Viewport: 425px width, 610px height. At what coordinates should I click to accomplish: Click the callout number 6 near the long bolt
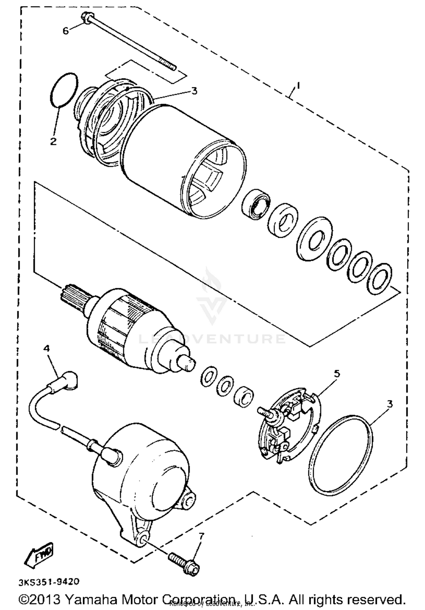pyautogui.click(x=66, y=31)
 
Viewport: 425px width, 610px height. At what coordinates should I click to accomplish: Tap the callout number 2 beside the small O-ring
pyautogui.click(x=53, y=141)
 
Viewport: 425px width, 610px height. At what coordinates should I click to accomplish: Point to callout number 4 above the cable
pyautogui.click(x=46, y=348)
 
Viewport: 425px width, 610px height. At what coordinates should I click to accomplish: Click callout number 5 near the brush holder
pyautogui.click(x=337, y=374)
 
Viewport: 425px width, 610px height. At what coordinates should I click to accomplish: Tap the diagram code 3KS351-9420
pyautogui.click(x=49, y=582)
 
